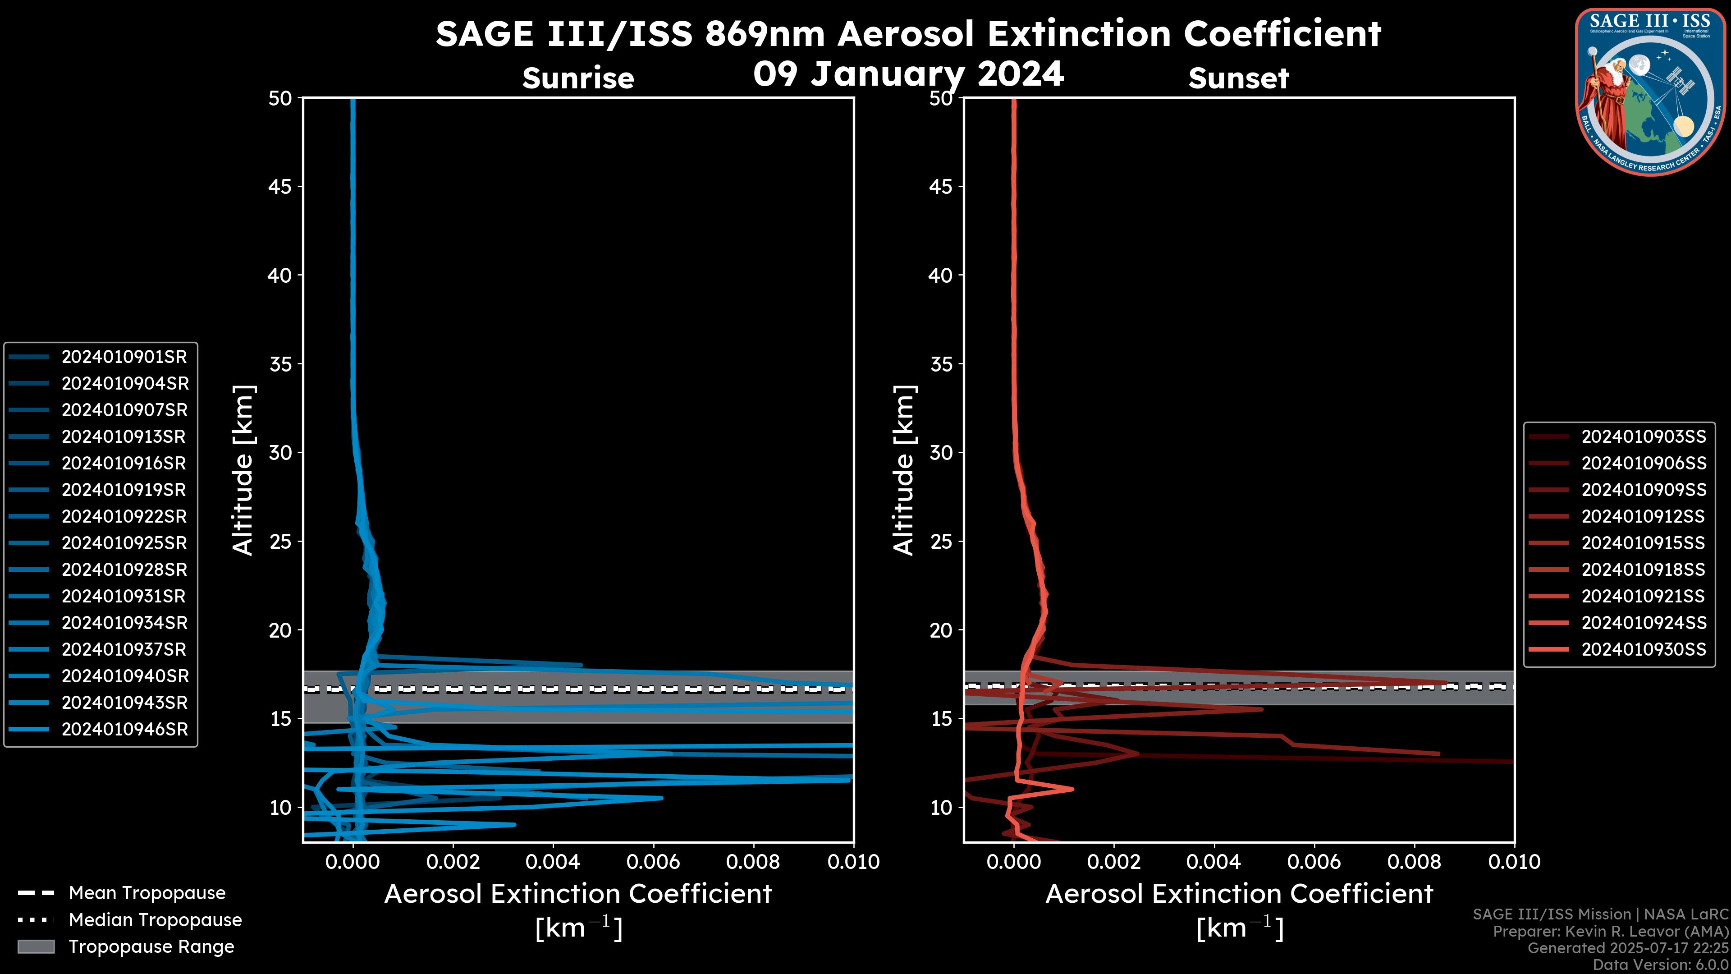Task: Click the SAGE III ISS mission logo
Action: tap(1650, 92)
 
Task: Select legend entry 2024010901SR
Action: tap(124, 357)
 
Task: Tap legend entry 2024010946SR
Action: tap(124, 729)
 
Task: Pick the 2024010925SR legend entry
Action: tap(124, 543)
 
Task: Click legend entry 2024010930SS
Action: tap(1643, 649)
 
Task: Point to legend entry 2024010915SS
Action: tap(1643, 543)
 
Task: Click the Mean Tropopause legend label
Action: tap(147, 893)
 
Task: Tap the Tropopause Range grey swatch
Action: tap(36, 946)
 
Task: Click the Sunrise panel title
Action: tap(578, 78)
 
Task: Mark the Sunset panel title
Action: tap(1238, 78)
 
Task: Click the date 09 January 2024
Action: tap(908, 74)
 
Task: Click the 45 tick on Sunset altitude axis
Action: tap(941, 187)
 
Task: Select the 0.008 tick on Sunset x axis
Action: tap(1415, 862)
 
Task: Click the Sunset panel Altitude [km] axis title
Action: tap(904, 470)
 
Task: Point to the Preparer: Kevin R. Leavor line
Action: tap(1610, 932)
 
